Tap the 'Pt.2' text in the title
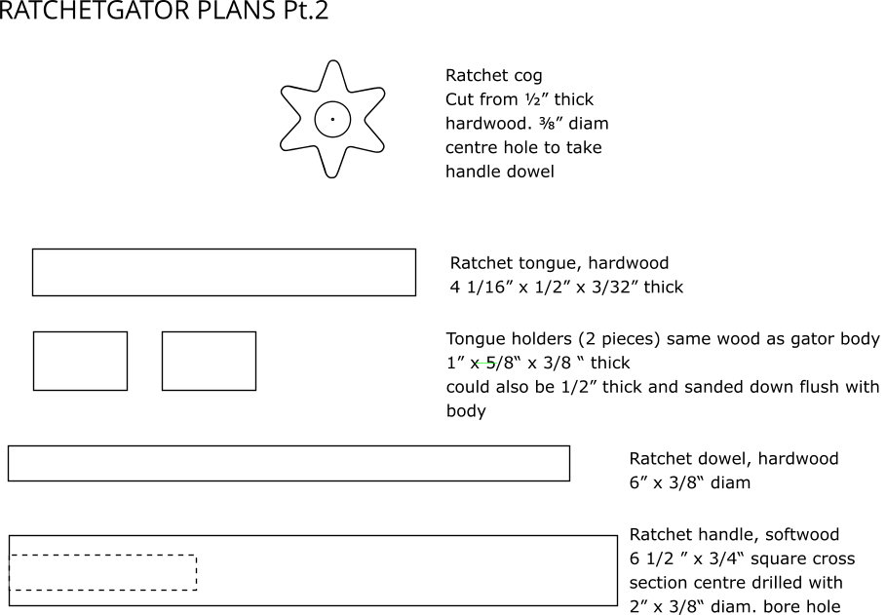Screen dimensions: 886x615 [306, 11]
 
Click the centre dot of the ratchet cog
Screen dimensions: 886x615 [332, 119]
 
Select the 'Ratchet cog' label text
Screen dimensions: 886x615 [494, 76]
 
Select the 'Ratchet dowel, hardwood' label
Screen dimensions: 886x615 [733, 458]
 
